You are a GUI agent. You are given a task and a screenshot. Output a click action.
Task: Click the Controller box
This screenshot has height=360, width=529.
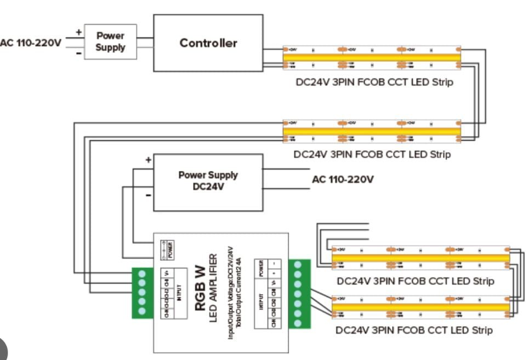[x=208, y=43]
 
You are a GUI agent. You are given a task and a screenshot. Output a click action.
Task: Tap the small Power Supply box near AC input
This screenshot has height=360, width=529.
[x=110, y=42]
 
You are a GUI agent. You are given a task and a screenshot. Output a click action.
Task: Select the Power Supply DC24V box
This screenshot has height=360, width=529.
[x=208, y=181]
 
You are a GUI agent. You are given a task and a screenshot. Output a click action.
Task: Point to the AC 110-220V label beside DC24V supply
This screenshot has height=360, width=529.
[x=343, y=179]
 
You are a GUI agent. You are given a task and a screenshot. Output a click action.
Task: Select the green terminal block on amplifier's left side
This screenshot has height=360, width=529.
[x=143, y=292]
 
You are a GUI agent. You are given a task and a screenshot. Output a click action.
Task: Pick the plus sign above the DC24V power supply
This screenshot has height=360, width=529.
[x=148, y=160]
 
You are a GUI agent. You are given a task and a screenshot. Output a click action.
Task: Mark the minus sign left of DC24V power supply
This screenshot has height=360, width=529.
[x=148, y=195]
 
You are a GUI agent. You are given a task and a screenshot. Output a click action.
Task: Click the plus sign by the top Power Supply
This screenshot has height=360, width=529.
[x=78, y=32]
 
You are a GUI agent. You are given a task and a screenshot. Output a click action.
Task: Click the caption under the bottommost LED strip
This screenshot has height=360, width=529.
[x=414, y=330]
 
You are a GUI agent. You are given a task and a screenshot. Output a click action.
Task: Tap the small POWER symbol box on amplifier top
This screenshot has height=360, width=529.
[x=167, y=250]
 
